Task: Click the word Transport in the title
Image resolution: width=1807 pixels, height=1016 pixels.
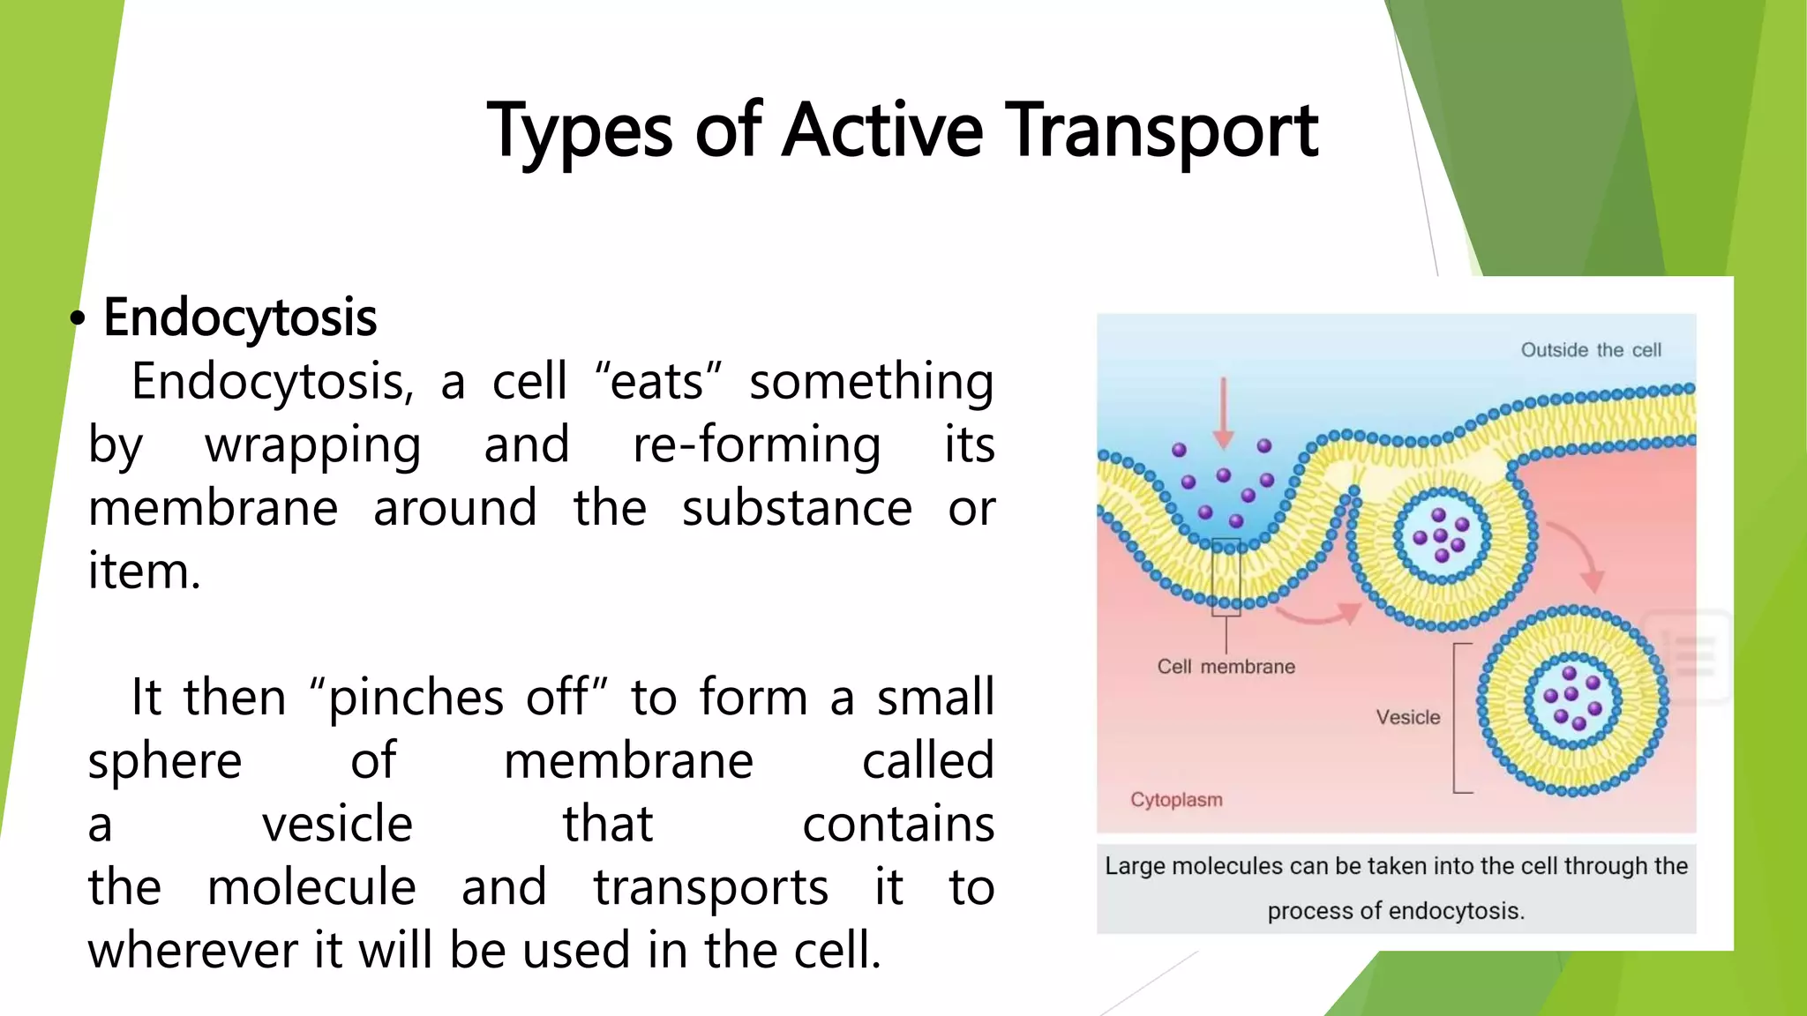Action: tap(1163, 131)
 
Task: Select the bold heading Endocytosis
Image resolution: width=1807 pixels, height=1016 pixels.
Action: tap(240, 317)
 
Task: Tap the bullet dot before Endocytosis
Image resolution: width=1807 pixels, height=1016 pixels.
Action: tap(79, 319)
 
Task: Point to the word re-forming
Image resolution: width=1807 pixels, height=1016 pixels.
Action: tap(756, 444)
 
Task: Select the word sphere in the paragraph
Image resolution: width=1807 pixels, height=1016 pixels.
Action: tap(164, 760)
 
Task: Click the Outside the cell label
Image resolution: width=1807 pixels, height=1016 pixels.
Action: tap(1590, 350)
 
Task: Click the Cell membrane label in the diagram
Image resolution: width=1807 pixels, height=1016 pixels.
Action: tap(1226, 667)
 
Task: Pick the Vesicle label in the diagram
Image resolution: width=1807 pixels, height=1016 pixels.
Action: tap(1407, 718)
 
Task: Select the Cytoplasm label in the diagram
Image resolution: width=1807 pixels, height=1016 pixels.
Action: tap(1176, 800)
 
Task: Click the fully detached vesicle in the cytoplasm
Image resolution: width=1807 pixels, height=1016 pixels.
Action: tap(1572, 701)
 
